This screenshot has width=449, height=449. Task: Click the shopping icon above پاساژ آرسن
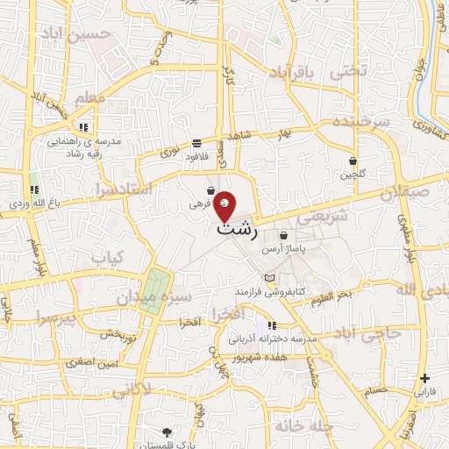coord(283,235)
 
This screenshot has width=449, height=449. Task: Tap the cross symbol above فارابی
coord(425,379)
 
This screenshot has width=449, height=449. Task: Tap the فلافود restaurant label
coord(195,157)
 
